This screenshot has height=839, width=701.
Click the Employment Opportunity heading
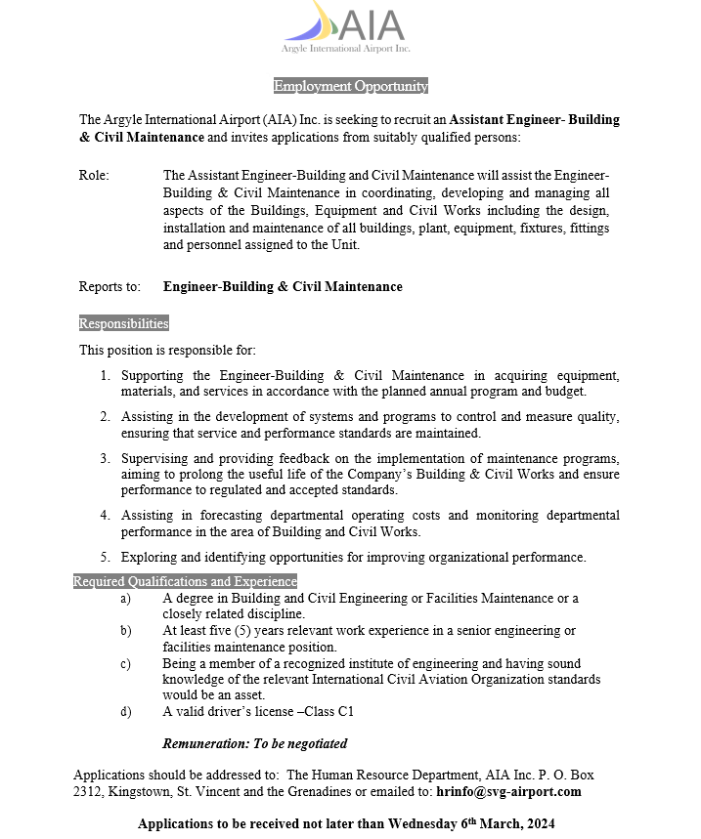(351, 86)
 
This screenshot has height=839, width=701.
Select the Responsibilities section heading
(123, 323)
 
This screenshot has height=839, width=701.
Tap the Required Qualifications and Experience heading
(185, 581)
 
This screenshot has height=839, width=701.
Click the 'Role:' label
(94, 175)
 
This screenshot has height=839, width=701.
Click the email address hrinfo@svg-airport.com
(508, 791)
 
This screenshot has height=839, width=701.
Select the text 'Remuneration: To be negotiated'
(254, 743)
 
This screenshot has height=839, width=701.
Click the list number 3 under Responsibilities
(105, 457)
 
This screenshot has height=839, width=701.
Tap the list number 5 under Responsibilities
(105, 558)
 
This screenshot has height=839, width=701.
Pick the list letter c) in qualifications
(125, 663)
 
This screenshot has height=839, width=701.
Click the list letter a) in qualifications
(125, 598)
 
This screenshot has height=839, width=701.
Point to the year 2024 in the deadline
(538, 824)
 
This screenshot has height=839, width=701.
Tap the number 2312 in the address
(88, 791)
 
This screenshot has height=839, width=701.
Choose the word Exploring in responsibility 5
(149, 558)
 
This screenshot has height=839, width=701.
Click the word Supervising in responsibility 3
(155, 457)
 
